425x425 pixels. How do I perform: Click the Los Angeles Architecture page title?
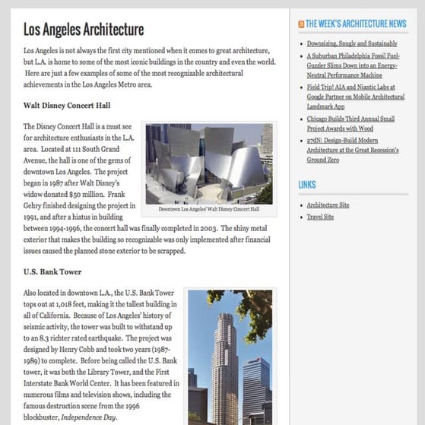[83, 30]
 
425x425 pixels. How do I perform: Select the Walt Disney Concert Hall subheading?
[67, 105]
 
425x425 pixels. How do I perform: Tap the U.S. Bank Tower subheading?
[52, 271]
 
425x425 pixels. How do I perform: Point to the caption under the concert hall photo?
[208, 209]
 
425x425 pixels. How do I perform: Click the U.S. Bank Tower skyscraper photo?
[229, 357]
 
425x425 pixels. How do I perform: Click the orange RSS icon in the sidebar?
[301, 24]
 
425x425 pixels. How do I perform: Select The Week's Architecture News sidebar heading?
[356, 24]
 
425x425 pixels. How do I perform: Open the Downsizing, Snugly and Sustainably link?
[352, 43]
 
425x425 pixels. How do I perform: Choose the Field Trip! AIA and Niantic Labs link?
[355, 97]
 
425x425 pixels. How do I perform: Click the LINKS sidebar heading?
[307, 185]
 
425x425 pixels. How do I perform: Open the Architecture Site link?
[328, 205]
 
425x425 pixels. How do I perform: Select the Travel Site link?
[320, 217]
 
